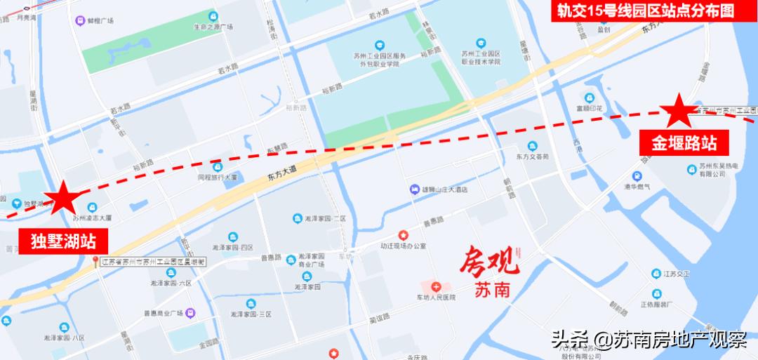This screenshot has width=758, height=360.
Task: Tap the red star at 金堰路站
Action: point(678,112)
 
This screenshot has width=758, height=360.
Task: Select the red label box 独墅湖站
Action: point(63,241)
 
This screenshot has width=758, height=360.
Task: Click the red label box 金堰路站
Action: point(684,144)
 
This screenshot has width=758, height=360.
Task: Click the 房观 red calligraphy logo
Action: point(490,263)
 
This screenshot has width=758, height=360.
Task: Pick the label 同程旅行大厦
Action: point(218,178)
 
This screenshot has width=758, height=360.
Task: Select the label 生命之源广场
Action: point(213,27)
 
